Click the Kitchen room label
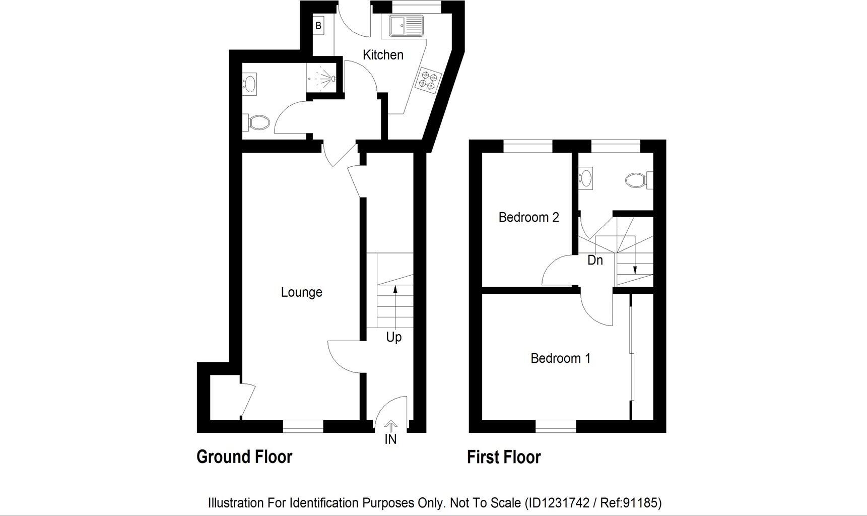coord(383,55)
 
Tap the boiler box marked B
coord(318,26)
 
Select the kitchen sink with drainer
coord(406,26)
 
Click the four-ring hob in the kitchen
coord(428,81)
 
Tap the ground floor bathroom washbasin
coord(250,83)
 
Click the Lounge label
coord(301,292)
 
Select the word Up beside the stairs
coord(393,337)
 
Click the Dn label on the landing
coord(595,261)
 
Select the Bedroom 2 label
coord(528,217)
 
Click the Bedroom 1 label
coord(560,358)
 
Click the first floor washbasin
coord(586,178)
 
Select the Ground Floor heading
coord(244,457)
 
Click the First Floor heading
coord(503,458)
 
